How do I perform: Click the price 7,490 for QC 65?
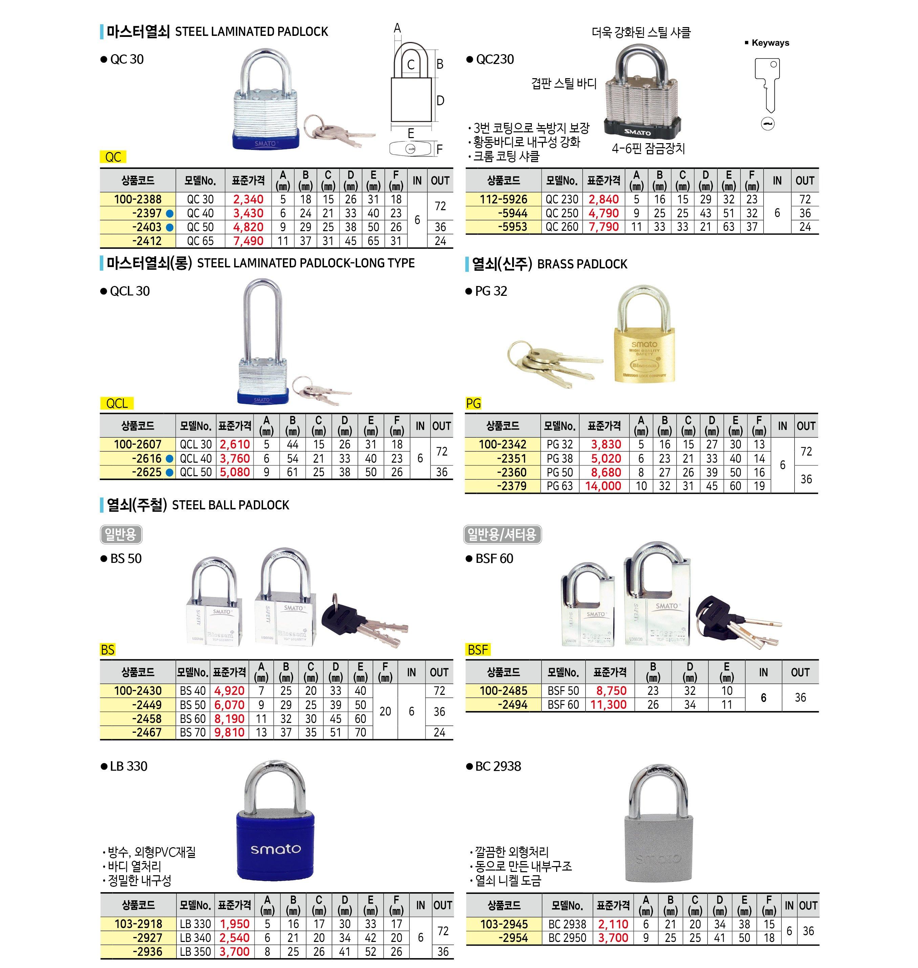pos(248,241)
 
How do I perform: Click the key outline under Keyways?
pos(767,86)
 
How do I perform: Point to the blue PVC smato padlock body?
pos(276,846)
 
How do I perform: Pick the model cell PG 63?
pos(559,486)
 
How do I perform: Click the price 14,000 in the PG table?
pos(603,486)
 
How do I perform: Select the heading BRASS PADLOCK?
pos(582,264)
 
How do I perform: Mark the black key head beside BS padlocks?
pos(343,619)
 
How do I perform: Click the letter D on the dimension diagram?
pos(440,101)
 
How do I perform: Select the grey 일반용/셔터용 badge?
pos(502,534)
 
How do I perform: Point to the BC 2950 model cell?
pos(567,938)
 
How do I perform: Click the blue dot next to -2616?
pos(169,459)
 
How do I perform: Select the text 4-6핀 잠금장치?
pos(648,149)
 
